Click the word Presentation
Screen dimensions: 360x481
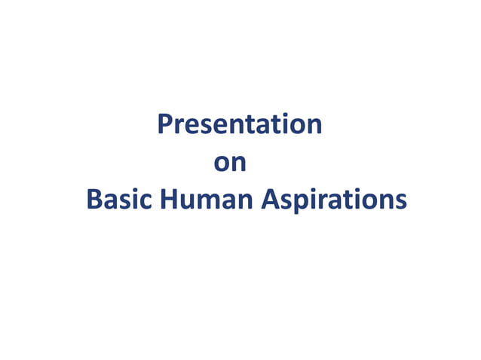(240, 124)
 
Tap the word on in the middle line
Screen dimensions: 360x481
(231, 163)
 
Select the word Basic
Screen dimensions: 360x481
(119, 200)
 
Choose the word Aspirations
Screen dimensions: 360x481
(334, 200)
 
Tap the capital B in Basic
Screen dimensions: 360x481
(94, 200)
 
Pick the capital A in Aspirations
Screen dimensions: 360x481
(269, 200)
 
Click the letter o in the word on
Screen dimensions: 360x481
(223, 163)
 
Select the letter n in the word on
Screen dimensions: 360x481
(239, 163)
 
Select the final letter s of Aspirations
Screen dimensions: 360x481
(400, 201)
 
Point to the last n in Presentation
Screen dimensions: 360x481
(314, 126)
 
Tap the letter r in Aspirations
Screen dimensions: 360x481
(320, 201)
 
